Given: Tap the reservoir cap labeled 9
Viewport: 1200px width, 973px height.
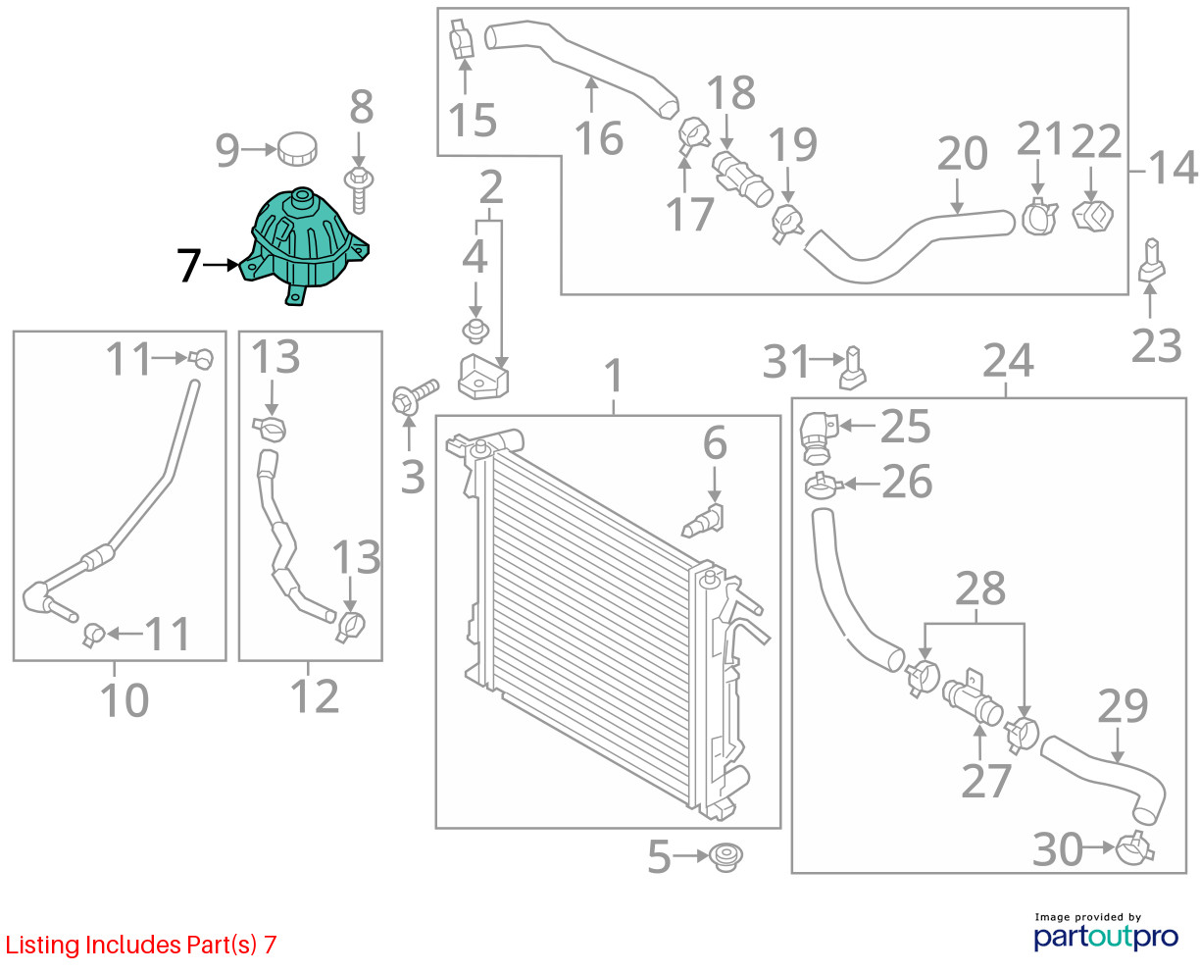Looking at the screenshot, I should (297, 150).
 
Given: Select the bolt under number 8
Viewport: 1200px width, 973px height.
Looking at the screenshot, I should (358, 188).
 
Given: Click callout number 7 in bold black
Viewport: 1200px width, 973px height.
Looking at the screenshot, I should (189, 265).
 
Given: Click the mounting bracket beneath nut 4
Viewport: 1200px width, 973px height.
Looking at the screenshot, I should (483, 378).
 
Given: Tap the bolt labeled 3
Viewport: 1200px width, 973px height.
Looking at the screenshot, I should (413, 399).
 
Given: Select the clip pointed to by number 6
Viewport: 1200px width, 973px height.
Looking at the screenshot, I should (703, 521).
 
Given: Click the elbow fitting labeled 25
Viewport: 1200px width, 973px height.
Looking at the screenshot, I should (816, 435).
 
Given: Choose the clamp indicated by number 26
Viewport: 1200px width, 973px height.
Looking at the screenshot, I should (822, 484).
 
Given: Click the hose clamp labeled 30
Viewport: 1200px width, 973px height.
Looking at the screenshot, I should (1134, 847).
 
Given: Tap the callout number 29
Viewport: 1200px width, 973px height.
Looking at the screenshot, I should (1123, 706).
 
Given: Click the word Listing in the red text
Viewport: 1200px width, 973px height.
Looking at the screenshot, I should (42, 946).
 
